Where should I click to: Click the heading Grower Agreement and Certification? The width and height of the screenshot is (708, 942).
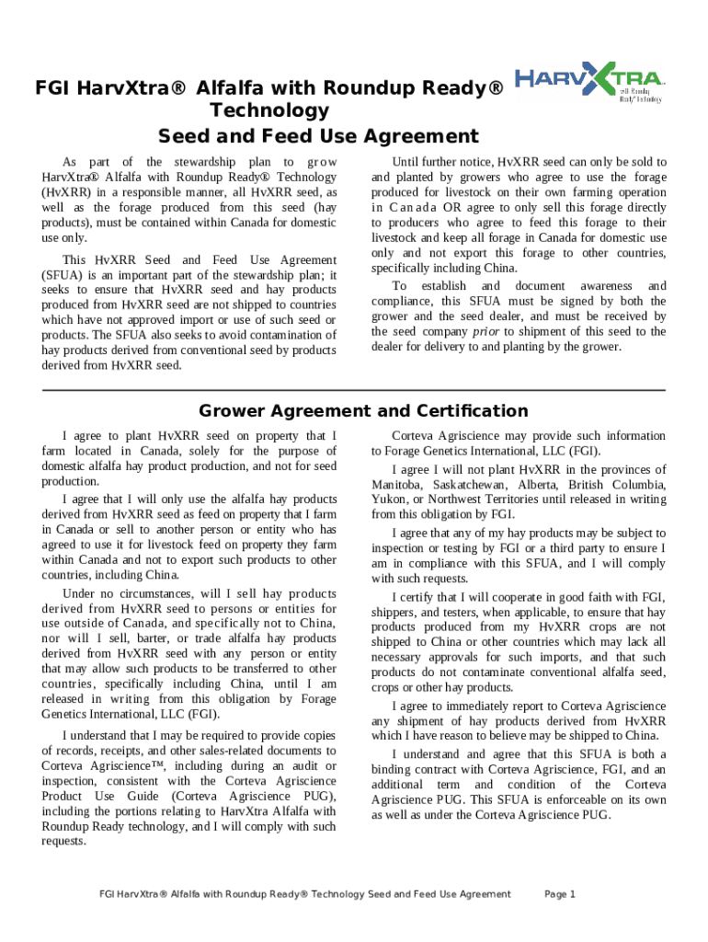click(x=364, y=411)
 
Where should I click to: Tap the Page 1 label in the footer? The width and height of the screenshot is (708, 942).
click(x=560, y=894)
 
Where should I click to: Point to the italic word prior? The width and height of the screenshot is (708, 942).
click(x=486, y=331)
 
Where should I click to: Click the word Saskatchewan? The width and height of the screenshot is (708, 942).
click(x=479, y=484)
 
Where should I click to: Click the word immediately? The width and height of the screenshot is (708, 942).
click(x=485, y=706)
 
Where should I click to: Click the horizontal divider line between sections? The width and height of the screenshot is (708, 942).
click(x=354, y=390)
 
